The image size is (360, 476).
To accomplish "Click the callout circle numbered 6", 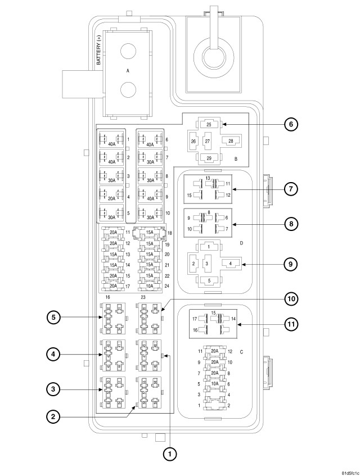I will click(x=291, y=124).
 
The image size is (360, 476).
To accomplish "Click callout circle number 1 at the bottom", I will click(x=169, y=453).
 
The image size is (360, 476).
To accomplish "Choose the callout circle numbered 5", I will click(x=53, y=317).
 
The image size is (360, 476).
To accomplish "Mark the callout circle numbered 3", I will click(x=53, y=388).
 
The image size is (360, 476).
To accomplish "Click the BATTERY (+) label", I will click(x=100, y=55).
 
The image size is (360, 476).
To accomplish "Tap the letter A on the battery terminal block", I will click(x=128, y=71).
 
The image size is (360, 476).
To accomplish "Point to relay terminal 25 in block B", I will click(x=208, y=125).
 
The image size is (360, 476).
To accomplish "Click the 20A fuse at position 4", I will click(x=111, y=197).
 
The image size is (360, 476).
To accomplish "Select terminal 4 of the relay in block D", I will click(x=231, y=262).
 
